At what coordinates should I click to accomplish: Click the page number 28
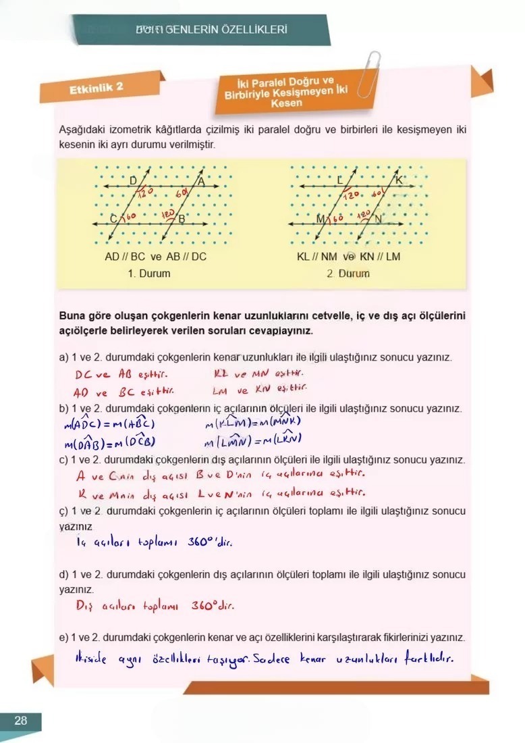[x=20, y=721]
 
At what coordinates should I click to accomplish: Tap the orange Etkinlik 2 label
[x=96, y=88]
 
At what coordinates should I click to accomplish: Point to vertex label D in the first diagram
[x=132, y=180]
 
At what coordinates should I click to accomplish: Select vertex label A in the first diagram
[x=201, y=180]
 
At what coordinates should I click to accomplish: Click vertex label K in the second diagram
[x=398, y=180]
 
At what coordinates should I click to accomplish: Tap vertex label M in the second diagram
[x=320, y=218]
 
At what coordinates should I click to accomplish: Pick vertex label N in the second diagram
[x=378, y=219]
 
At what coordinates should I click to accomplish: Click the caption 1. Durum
[x=149, y=274]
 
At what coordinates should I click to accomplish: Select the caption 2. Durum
[x=348, y=274]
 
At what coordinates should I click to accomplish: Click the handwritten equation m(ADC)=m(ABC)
[x=111, y=424]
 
